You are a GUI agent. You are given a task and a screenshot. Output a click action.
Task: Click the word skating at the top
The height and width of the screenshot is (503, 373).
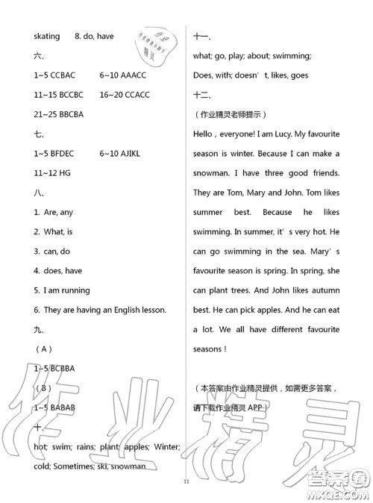46,36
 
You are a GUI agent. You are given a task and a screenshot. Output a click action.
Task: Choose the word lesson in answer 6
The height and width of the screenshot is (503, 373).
150,310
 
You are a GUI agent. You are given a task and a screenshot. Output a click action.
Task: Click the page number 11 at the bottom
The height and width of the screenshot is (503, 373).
186,481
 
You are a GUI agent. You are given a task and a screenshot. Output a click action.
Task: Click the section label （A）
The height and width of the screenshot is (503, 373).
43,349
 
